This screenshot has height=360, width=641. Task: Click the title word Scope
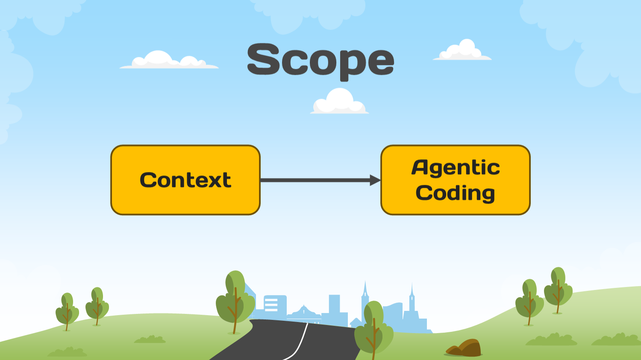click(x=320, y=61)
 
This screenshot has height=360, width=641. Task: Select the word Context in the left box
click(x=185, y=180)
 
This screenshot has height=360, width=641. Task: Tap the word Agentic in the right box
click(x=456, y=167)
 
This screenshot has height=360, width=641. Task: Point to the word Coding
click(x=456, y=193)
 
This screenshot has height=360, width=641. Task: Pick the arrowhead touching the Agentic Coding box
click(x=375, y=180)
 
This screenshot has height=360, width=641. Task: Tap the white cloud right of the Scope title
click(x=462, y=51)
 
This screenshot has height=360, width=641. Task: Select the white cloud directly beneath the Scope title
click(x=339, y=102)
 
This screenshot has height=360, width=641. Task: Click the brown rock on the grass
click(x=466, y=348)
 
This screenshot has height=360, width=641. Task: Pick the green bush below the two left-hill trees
click(x=150, y=340)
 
